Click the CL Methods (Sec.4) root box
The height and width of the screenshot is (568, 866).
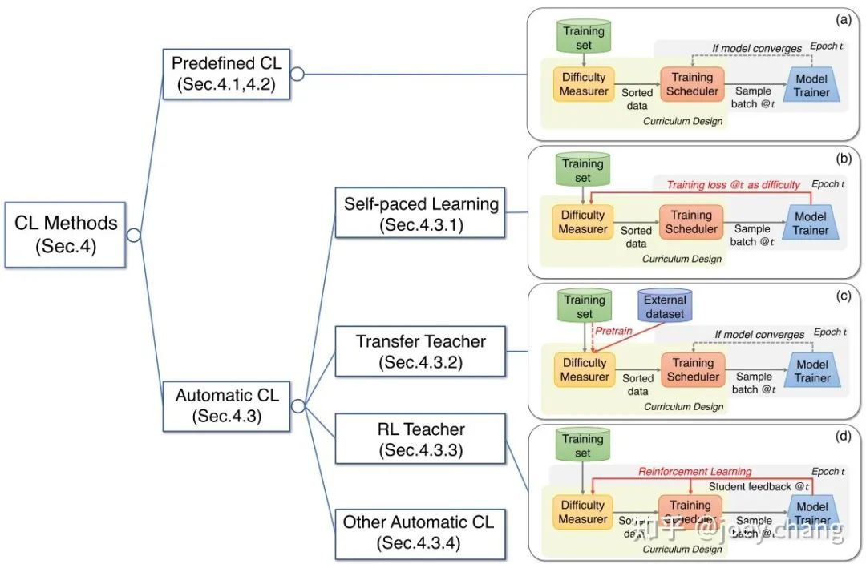(x=66, y=234)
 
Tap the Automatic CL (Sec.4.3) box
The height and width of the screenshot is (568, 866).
(x=227, y=405)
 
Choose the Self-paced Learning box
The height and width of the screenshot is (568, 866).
(x=422, y=214)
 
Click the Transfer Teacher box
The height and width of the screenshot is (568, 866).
(x=421, y=351)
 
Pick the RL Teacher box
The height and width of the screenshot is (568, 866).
(x=421, y=439)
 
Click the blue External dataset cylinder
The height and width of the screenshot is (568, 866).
(x=665, y=307)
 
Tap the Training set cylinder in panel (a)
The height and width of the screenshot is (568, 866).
(x=583, y=38)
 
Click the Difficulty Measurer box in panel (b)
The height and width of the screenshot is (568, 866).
(x=583, y=222)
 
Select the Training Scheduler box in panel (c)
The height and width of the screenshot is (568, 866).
(x=693, y=369)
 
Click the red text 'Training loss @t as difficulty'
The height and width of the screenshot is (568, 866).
(x=734, y=185)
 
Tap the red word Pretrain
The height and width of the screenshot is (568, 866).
(x=614, y=330)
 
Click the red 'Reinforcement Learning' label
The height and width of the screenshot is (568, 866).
(x=695, y=472)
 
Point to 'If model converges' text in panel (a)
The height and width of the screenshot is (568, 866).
(x=757, y=49)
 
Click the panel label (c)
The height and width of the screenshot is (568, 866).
(x=843, y=296)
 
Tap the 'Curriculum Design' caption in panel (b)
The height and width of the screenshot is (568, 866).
(x=682, y=259)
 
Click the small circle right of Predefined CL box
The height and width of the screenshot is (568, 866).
(x=297, y=75)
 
